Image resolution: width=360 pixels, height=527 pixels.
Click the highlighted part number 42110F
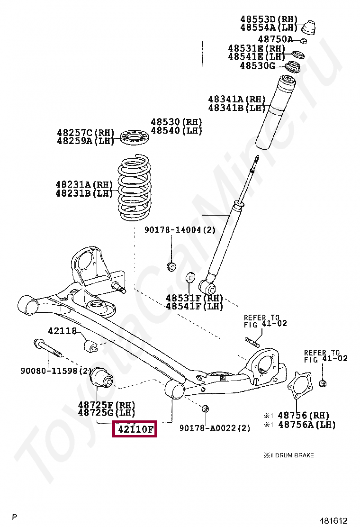[x=135, y=429]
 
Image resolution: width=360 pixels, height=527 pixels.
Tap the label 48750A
[x=275, y=39]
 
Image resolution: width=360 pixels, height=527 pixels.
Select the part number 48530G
[x=257, y=66]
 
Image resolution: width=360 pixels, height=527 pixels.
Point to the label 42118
[x=62, y=331]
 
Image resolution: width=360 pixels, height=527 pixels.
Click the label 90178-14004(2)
[x=180, y=230]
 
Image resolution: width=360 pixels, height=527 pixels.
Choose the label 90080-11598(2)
[x=55, y=370]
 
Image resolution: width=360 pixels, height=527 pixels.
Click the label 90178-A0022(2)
[x=215, y=428]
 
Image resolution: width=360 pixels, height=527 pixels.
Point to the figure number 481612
[x=336, y=520]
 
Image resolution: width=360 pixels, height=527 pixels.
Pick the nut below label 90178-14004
[x=172, y=265]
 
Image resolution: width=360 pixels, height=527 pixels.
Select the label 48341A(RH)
[x=237, y=100]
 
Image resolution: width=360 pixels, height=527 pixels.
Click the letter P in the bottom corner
[x=15, y=517]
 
